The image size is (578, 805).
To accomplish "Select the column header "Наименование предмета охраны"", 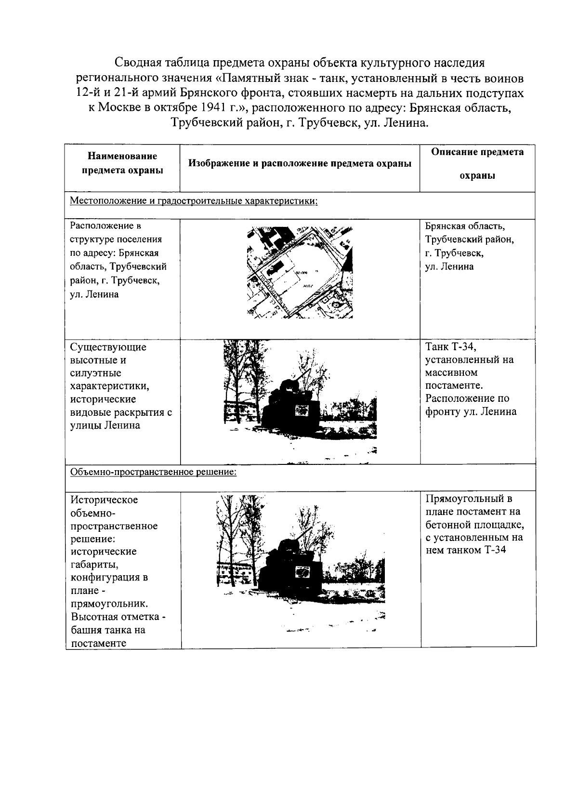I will coord(122,163).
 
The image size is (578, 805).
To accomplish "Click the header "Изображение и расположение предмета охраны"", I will coord(300,163).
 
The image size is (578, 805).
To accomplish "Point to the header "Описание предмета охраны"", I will coord(477,164).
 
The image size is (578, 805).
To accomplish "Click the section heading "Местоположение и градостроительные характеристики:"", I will coord(194,201).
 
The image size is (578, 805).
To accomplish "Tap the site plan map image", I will coord(300,273).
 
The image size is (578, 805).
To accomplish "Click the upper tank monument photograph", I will coord(300,402).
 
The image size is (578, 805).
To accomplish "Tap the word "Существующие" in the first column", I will coord(108,347).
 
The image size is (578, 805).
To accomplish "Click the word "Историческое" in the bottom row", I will coord(104,500).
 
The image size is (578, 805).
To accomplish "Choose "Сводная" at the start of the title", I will coord(136,63).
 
